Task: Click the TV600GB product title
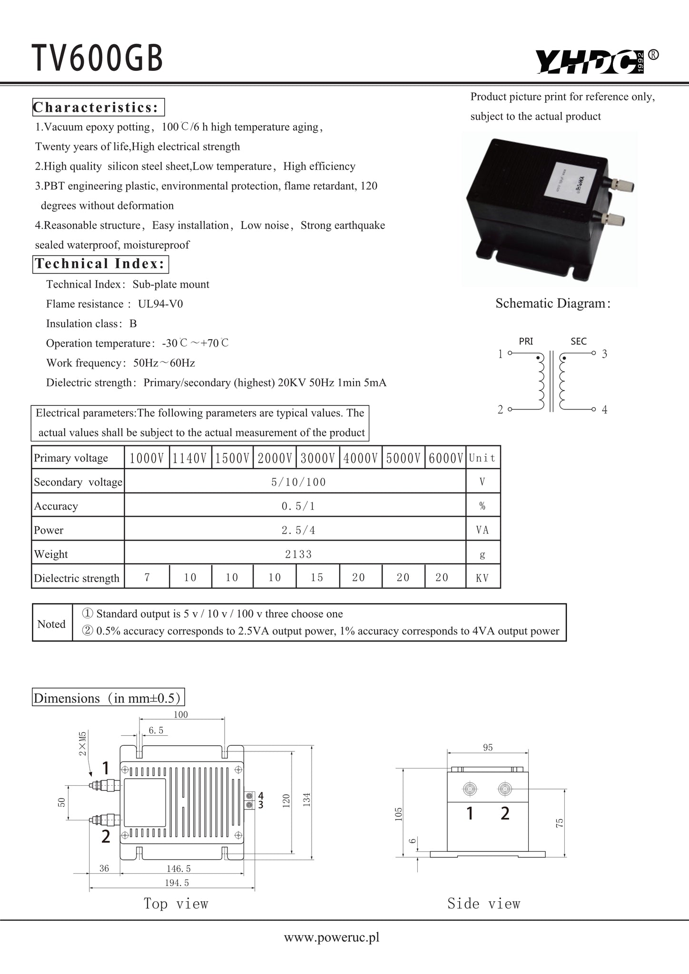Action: point(98,58)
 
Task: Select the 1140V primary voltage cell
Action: point(190,458)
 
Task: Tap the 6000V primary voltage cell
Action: point(445,458)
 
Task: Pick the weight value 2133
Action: point(298,554)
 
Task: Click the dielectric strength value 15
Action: point(317,577)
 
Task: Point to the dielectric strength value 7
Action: point(147,577)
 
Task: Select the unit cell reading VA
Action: point(482,530)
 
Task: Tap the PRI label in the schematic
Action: point(526,341)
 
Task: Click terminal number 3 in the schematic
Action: point(604,354)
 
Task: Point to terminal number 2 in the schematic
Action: point(500,409)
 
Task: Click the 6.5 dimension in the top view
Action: point(156,730)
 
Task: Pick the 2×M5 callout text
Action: point(83,744)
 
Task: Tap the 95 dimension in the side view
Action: point(488,748)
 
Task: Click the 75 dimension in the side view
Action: point(560,823)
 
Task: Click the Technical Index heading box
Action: point(100,263)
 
